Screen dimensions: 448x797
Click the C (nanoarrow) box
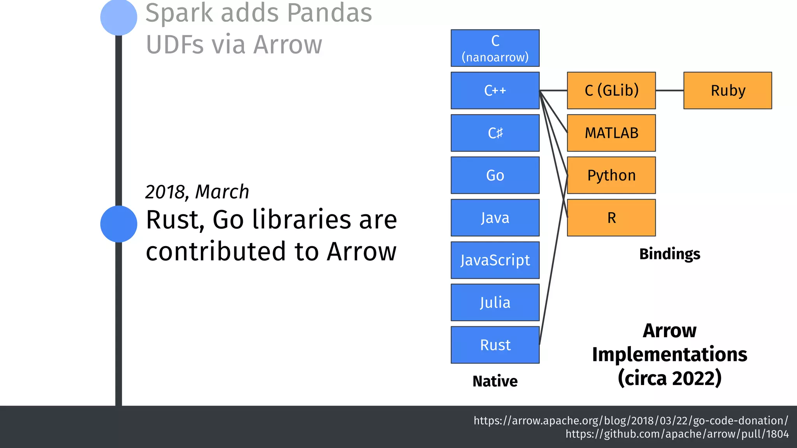[495, 48]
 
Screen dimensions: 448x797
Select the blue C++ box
[495, 90]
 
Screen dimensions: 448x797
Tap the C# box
[495, 133]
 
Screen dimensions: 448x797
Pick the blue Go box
[495, 175]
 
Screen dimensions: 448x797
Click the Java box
[495, 218]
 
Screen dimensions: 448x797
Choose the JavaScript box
[495, 260]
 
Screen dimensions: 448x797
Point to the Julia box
[495, 303]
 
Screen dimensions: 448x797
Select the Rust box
[495, 345]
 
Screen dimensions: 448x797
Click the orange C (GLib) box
[611, 90]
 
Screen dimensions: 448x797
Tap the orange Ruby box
[728, 90]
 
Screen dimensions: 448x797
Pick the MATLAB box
[611, 133]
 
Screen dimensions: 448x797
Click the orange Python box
[611, 175]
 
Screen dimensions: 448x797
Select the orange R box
[611, 218]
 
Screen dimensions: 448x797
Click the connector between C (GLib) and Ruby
[670, 90]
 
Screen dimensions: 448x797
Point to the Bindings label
[670, 254]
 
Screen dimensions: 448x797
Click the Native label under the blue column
[495, 381]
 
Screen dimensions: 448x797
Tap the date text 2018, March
[197, 192]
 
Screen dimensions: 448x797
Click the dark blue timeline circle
[119, 224]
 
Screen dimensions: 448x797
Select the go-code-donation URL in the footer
[630, 421]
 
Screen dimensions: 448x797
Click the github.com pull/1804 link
[677, 434]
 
